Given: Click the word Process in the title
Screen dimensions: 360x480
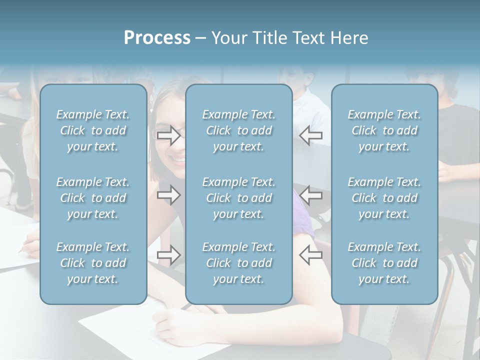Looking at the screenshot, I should [x=157, y=38].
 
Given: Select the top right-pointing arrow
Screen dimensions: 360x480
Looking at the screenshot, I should [x=169, y=135].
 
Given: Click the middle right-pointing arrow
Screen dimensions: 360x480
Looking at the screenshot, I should [x=169, y=195].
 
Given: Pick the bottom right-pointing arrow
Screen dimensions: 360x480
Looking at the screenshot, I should [x=169, y=255].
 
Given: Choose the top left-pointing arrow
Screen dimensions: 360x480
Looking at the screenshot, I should [x=310, y=135].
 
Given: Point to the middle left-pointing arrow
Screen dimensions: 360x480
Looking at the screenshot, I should [x=310, y=195].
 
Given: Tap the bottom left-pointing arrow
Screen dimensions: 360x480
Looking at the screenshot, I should [x=310, y=255].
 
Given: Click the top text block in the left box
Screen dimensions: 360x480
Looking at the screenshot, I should [x=93, y=130].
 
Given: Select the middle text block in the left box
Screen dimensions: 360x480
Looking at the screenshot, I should [x=93, y=198].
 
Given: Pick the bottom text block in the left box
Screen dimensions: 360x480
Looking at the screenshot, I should [x=93, y=263].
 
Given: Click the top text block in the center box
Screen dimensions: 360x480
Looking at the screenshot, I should [x=239, y=130].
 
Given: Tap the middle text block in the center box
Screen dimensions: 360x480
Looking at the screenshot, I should [x=239, y=198].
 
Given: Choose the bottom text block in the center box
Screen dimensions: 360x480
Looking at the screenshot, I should [x=239, y=263].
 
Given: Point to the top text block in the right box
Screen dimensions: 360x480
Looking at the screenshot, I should [x=384, y=130].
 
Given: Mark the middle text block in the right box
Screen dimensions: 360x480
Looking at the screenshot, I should [x=384, y=198].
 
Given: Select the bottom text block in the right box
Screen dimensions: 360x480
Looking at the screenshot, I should [x=384, y=263].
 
